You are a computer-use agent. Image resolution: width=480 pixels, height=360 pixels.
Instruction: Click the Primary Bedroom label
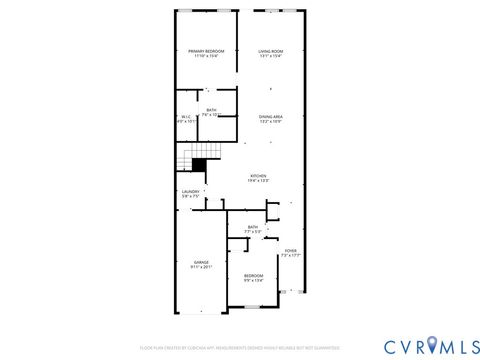[x=206, y=51]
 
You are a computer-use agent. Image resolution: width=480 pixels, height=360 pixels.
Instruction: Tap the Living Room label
[x=271, y=51]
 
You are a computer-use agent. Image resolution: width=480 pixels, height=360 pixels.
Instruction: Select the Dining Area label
[x=271, y=117]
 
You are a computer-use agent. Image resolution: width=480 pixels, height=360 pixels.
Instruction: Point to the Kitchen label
[x=259, y=176]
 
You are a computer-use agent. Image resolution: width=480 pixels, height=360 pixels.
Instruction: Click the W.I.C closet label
[x=186, y=117]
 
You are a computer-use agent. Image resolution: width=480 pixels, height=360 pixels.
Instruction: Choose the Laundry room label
[x=191, y=191]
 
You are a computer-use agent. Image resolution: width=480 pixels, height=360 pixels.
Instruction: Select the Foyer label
[x=290, y=251]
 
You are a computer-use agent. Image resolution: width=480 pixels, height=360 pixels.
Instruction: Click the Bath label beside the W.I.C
[x=211, y=110]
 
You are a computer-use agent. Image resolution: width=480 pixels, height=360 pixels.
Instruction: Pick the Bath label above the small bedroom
[x=253, y=227]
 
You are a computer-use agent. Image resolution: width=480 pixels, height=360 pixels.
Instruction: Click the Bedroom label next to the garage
[x=253, y=275]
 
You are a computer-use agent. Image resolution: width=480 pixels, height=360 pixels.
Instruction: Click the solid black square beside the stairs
[x=200, y=165]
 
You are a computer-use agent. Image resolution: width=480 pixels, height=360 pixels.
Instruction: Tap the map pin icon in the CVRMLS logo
[x=431, y=345]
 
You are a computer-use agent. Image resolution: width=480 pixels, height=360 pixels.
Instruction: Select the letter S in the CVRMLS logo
[x=470, y=345]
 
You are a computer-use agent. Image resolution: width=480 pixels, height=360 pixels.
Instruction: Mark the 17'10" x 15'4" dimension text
[x=206, y=56]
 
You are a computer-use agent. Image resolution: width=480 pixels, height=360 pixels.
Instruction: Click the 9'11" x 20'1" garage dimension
[x=201, y=267]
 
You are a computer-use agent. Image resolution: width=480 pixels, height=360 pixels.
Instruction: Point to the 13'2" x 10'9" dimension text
[x=271, y=122]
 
